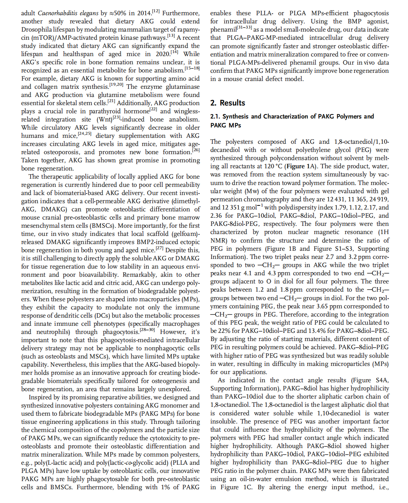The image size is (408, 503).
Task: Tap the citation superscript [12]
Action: [156, 12]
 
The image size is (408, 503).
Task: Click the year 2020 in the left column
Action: [162, 54]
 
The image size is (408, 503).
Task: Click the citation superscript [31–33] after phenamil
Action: [244, 28]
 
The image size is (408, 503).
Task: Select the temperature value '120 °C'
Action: [275, 166]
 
